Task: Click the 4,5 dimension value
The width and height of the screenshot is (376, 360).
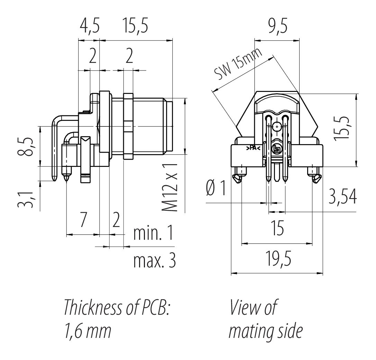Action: tap(89, 27)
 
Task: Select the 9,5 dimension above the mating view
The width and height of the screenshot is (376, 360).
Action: tap(277, 27)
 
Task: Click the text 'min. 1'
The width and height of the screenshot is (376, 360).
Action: tap(153, 234)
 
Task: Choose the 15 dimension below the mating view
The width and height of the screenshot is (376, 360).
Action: tap(277, 229)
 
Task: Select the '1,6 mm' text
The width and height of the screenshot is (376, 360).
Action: tap(88, 331)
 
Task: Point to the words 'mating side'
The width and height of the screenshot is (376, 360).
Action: tap(266, 331)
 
